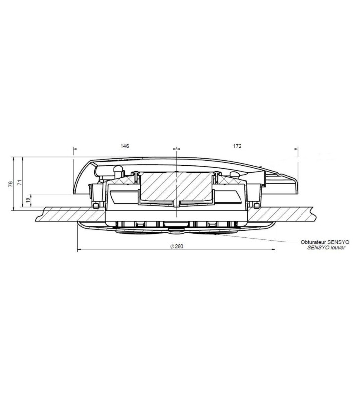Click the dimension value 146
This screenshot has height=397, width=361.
(125, 146)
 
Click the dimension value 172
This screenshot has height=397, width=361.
(237, 146)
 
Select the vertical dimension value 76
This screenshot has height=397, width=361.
(11, 184)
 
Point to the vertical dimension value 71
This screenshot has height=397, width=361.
(20, 182)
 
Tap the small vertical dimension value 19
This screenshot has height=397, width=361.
(28, 199)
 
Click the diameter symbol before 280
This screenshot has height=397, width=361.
(170, 246)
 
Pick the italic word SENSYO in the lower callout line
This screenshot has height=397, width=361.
(318, 246)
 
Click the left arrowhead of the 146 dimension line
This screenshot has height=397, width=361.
(75, 148)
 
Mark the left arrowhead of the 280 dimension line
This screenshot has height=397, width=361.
(79, 248)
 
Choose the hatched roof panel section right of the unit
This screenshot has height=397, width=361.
(298, 213)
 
